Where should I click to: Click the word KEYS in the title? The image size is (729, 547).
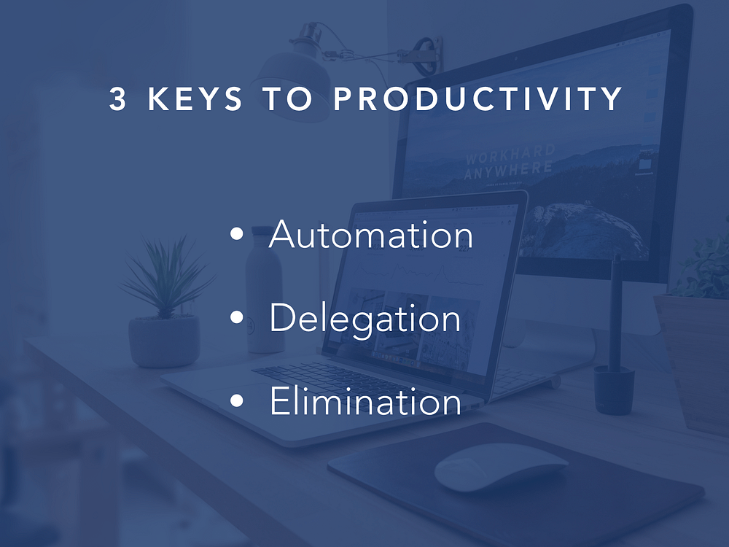[x=195, y=98]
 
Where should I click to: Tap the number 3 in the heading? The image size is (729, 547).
[x=117, y=98]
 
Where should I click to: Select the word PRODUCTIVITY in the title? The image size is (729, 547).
[x=478, y=98]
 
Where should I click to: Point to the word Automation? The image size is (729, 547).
[x=371, y=233]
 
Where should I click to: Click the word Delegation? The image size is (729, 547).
[x=365, y=318]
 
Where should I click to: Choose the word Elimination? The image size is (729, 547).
[x=365, y=400]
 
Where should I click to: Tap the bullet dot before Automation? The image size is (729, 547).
[x=237, y=234]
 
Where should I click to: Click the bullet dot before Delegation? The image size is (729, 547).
[x=237, y=317]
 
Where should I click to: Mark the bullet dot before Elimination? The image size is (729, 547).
[x=237, y=400]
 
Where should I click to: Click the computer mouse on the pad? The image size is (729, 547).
[x=501, y=467]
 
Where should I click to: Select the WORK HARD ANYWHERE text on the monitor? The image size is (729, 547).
[x=510, y=163]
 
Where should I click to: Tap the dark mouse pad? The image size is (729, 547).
[x=516, y=484]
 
